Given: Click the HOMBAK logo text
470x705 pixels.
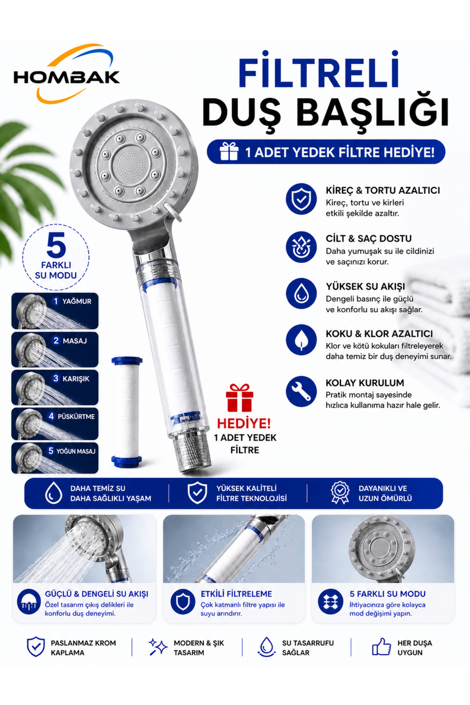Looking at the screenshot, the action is (67, 77).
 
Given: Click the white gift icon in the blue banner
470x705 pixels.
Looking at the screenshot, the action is (229, 151).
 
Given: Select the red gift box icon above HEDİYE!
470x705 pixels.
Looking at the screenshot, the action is (239, 398).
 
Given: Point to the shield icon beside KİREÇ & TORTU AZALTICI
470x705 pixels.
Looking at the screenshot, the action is (301, 199).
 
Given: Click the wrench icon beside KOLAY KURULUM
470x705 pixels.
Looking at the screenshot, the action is (301, 391).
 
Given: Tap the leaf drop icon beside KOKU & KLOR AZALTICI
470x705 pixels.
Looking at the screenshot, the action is (301, 340).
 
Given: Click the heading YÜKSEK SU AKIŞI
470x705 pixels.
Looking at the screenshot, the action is (365, 286).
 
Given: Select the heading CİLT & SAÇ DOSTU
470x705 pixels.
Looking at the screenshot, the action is (369, 239).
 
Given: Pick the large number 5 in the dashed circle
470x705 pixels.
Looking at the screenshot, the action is (56, 246).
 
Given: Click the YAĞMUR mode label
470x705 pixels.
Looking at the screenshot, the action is (77, 301).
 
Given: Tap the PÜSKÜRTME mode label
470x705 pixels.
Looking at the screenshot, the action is (76, 416).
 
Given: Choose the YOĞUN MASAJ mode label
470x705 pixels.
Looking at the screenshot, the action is (76, 451).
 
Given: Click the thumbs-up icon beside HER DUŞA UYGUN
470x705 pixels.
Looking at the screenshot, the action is (381, 647).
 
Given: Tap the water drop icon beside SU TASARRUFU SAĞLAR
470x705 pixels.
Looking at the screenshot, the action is (267, 647).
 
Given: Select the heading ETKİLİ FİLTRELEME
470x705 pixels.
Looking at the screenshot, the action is (236, 594).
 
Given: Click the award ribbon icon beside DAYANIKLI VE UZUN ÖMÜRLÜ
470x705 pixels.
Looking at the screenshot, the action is (340, 492).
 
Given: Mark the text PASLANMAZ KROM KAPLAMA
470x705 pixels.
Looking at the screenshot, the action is (83, 648).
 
